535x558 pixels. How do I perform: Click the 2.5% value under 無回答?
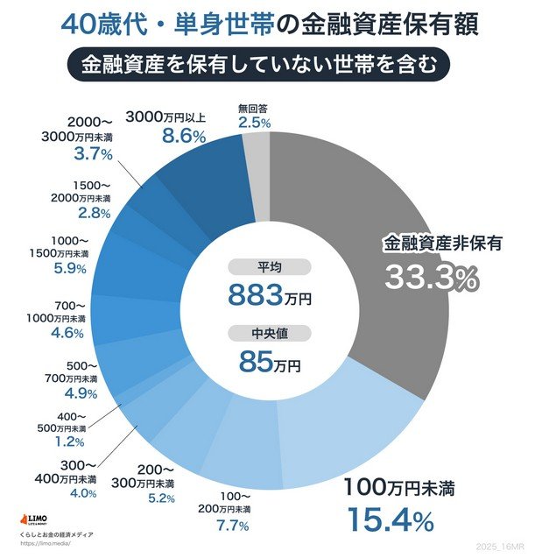click(254, 124)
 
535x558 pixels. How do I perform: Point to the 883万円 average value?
click(269, 295)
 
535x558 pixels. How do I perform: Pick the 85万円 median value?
click(269, 359)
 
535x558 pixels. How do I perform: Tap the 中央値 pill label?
click(270, 333)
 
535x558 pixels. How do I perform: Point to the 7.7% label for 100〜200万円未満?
click(232, 526)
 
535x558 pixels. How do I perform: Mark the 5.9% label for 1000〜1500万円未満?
click(68, 269)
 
